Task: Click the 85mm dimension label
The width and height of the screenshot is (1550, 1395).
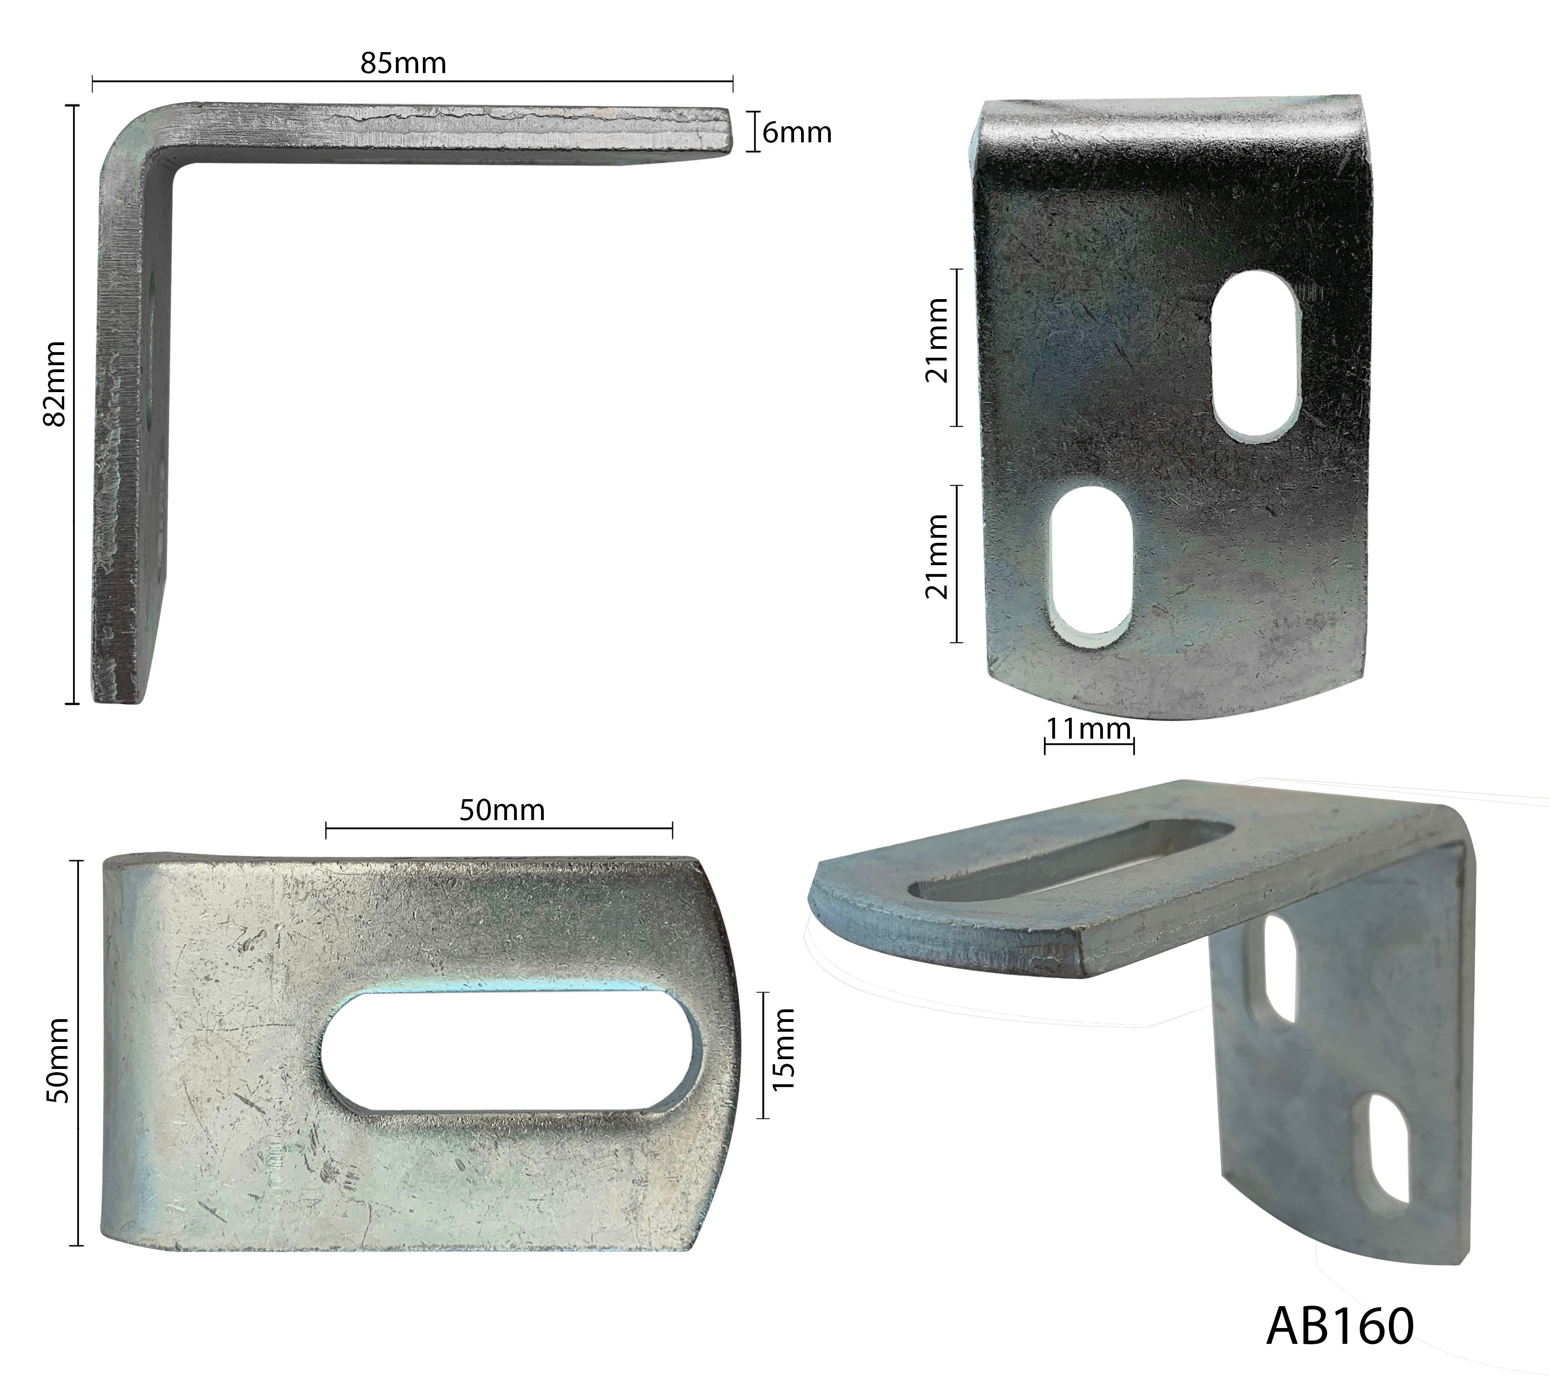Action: point(403,63)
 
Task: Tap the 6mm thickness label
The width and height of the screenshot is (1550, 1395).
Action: point(797,133)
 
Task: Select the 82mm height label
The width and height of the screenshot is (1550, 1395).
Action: point(56,384)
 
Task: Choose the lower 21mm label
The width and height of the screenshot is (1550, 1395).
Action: point(937,556)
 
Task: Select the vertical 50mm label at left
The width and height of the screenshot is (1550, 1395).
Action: point(58,1061)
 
